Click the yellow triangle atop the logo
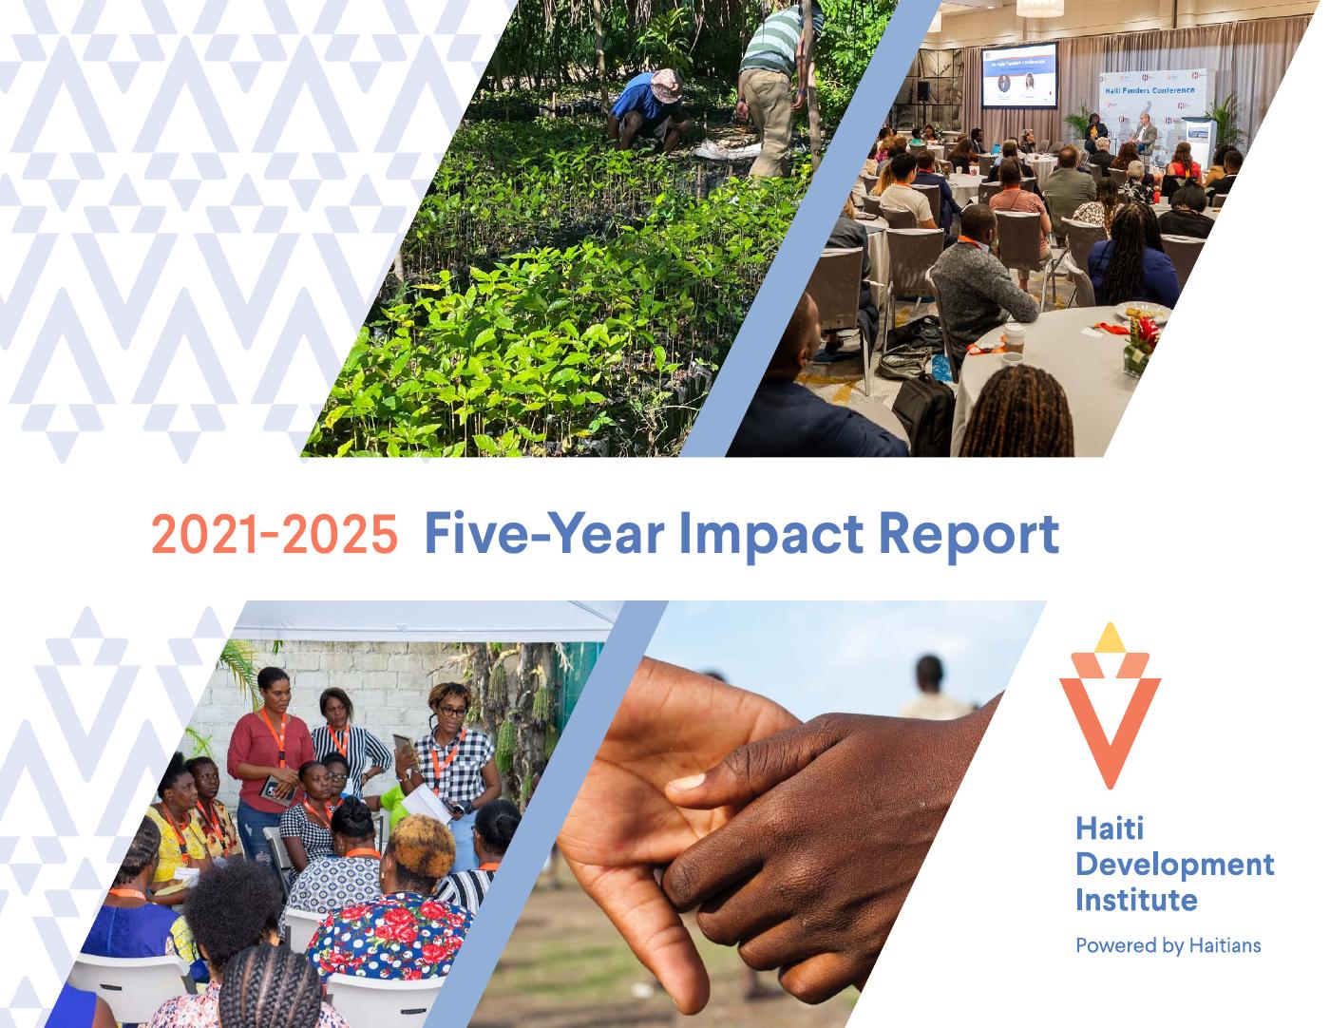click(x=1109, y=640)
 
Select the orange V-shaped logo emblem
click(x=1109, y=722)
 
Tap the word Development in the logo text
click(x=1174, y=865)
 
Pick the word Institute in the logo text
click(x=1136, y=899)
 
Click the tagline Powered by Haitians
click(x=1168, y=945)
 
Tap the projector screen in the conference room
click(x=1019, y=74)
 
